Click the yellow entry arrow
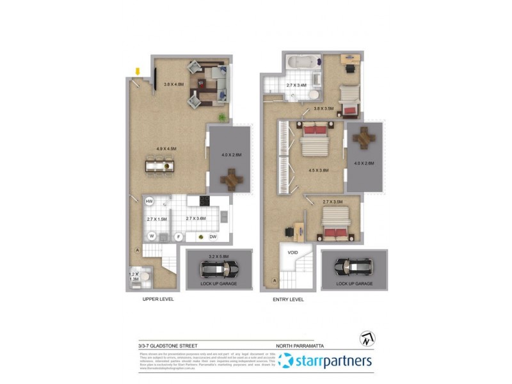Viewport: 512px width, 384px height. (x=136, y=70)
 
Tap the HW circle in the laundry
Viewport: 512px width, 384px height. (x=149, y=202)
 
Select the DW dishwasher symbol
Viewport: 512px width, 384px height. (x=212, y=237)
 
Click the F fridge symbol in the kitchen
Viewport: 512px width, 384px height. (x=179, y=237)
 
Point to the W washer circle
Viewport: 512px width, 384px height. (x=152, y=236)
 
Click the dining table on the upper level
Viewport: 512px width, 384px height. (x=159, y=166)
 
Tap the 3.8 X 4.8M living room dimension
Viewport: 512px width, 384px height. (x=173, y=84)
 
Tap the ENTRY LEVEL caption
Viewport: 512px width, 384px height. (x=288, y=299)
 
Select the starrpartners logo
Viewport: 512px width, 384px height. (x=325, y=361)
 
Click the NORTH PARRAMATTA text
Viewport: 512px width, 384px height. (x=299, y=346)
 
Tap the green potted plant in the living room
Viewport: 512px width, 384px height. (x=222, y=117)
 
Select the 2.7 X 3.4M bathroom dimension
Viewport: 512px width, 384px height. (x=296, y=85)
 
